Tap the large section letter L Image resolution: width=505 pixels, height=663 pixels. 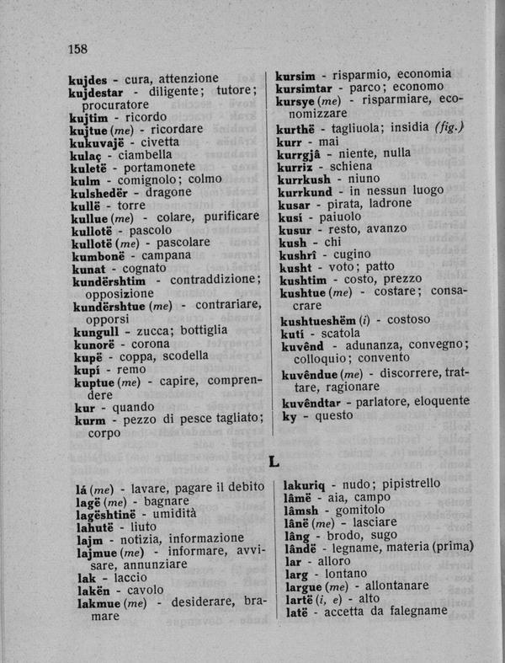tap(274, 461)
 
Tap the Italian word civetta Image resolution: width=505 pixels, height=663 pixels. tap(154, 142)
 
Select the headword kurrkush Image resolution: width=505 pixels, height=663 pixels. tap(304, 178)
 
